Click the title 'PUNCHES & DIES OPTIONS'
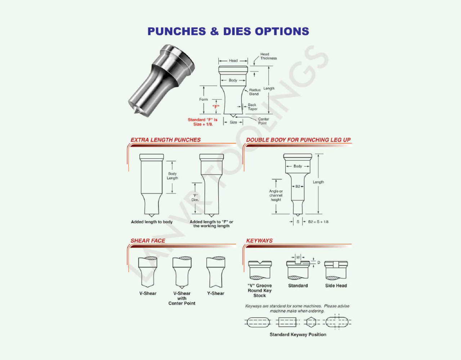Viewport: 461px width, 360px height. pyautogui.click(x=228, y=31)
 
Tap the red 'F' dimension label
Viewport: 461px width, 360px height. pyautogui.click(x=216, y=107)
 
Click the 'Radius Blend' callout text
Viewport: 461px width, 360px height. pyautogui.click(x=255, y=92)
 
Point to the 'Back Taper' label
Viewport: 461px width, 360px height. pyautogui.click(x=252, y=107)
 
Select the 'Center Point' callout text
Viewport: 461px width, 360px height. pyautogui.click(x=264, y=121)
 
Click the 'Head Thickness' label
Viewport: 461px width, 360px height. pyautogui.click(x=268, y=56)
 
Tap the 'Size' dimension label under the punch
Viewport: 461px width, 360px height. pyautogui.click(x=233, y=122)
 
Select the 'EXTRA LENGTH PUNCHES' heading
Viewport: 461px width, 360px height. pyautogui.click(x=165, y=140)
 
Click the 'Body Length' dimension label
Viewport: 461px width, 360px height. pyautogui.click(x=172, y=176)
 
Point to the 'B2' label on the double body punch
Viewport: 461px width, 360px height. pyautogui.click(x=297, y=186)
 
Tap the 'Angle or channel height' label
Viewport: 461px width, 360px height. pyautogui.click(x=276, y=195)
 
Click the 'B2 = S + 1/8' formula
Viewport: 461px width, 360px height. pyautogui.click(x=318, y=222)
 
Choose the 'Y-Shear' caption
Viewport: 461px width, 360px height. pyautogui.click(x=215, y=293)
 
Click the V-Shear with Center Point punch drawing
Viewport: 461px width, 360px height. pyautogui.click(x=182, y=273)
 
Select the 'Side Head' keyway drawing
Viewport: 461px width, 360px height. pyautogui.click(x=336, y=270)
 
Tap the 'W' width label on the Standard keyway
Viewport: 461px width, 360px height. pyautogui.click(x=298, y=257)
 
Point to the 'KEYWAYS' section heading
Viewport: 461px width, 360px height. pyautogui.click(x=259, y=240)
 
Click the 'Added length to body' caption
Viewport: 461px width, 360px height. pyautogui.click(x=152, y=222)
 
